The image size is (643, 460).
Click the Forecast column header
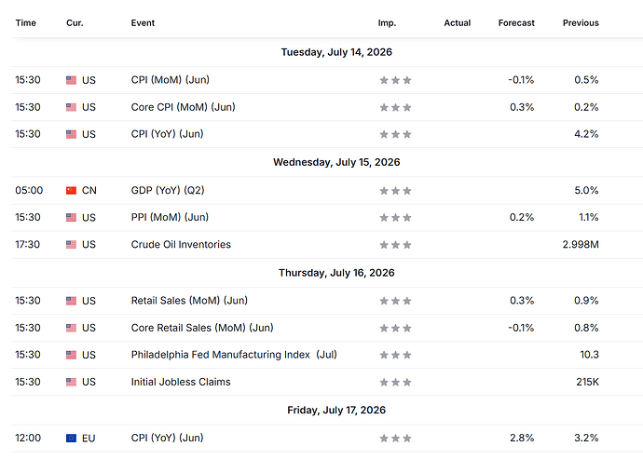[516, 23]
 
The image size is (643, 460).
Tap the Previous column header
[581, 23]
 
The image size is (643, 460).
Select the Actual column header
[458, 23]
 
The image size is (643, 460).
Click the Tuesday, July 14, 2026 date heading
[336, 52]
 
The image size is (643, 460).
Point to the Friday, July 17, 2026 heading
[336, 410]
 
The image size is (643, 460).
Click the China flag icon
[72, 191]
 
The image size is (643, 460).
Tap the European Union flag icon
[72, 439]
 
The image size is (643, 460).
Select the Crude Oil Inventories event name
[181, 245]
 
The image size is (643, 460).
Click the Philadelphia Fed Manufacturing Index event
[234, 355]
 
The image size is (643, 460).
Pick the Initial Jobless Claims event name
[181, 382]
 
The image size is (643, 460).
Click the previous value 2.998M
[581, 245]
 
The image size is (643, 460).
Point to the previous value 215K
[588, 382]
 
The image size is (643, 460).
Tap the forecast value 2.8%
[522, 438]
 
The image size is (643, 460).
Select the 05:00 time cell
[29, 191]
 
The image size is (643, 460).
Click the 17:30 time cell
[28, 245]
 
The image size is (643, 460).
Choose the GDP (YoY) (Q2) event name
[168, 191]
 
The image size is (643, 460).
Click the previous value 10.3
[590, 355]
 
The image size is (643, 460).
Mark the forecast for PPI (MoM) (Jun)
[522, 218]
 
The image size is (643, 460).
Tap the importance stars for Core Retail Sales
[395, 328]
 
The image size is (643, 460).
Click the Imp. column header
[387, 23]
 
